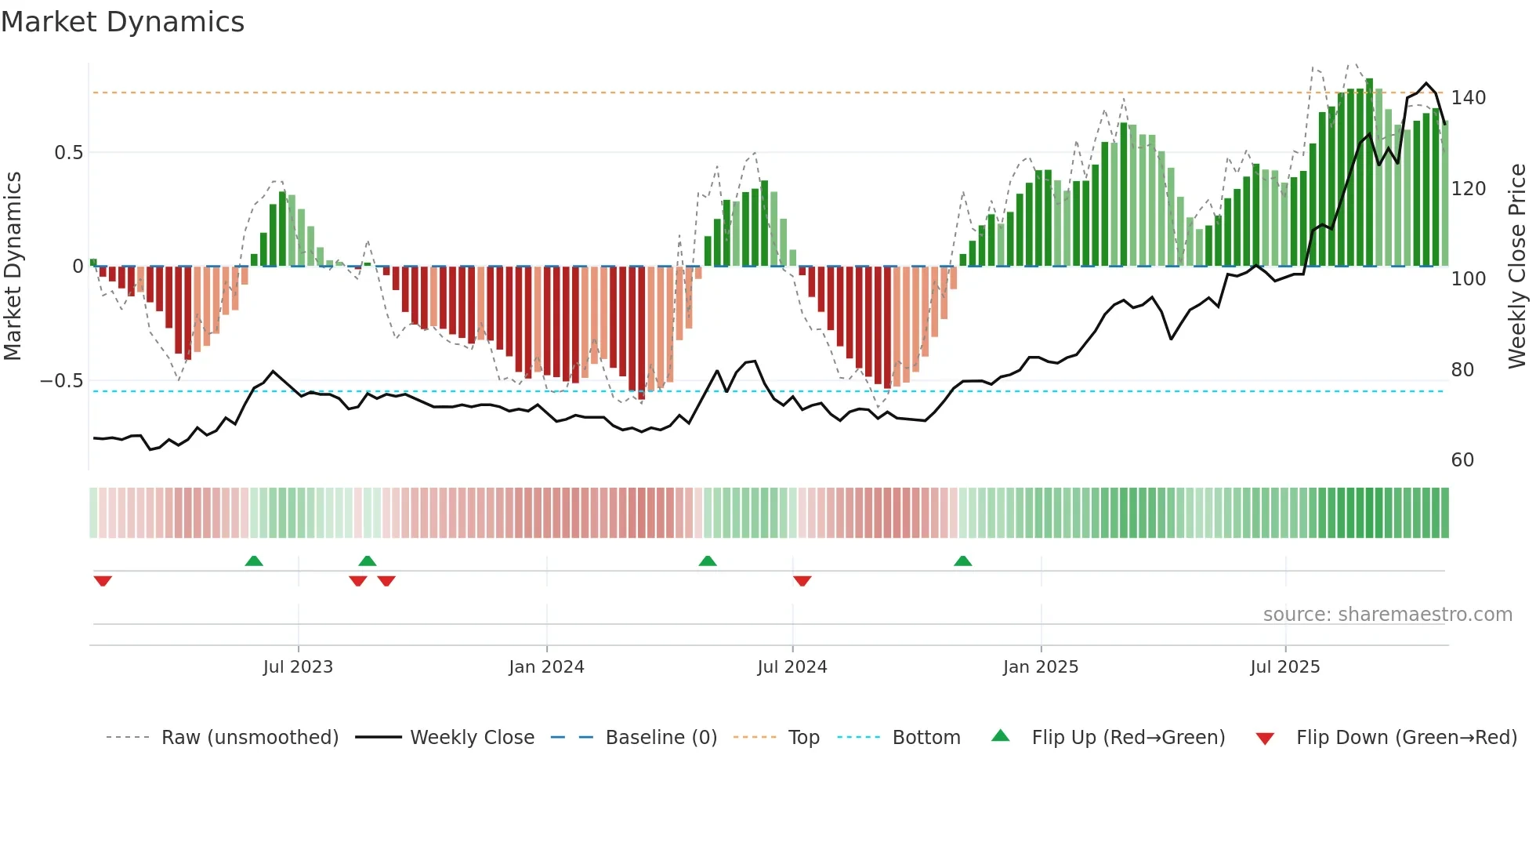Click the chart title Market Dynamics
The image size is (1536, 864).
click(x=122, y=22)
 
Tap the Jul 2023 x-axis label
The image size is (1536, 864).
click(x=298, y=667)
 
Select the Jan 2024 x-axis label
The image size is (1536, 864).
click(x=546, y=667)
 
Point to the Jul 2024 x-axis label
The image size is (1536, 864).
click(x=792, y=667)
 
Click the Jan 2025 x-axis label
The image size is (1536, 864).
click(x=1041, y=667)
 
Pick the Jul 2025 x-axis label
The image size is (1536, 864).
click(x=1285, y=667)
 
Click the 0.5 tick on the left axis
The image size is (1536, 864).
click(x=68, y=153)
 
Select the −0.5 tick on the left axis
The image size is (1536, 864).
click(x=62, y=381)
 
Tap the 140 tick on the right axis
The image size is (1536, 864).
click(x=1468, y=98)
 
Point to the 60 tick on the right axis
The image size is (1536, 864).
click(x=1462, y=460)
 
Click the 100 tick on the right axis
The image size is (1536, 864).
click(x=1468, y=279)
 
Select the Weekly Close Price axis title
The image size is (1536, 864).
click(x=1517, y=267)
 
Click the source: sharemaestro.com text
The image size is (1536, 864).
click(x=1387, y=615)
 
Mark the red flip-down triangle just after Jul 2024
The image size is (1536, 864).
click(x=802, y=581)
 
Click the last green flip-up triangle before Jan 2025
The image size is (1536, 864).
click(x=963, y=561)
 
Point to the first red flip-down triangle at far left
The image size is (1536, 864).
click(x=103, y=581)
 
